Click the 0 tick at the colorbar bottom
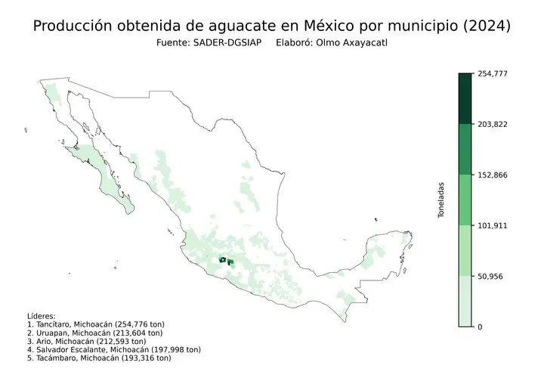pyautogui.click(x=480, y=327)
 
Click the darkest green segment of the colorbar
pyautogui.click(x=465, y=98)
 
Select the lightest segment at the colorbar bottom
pyautogui.click(x=465, y=301)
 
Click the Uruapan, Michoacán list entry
pyautogui.click(x=94, y=333)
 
